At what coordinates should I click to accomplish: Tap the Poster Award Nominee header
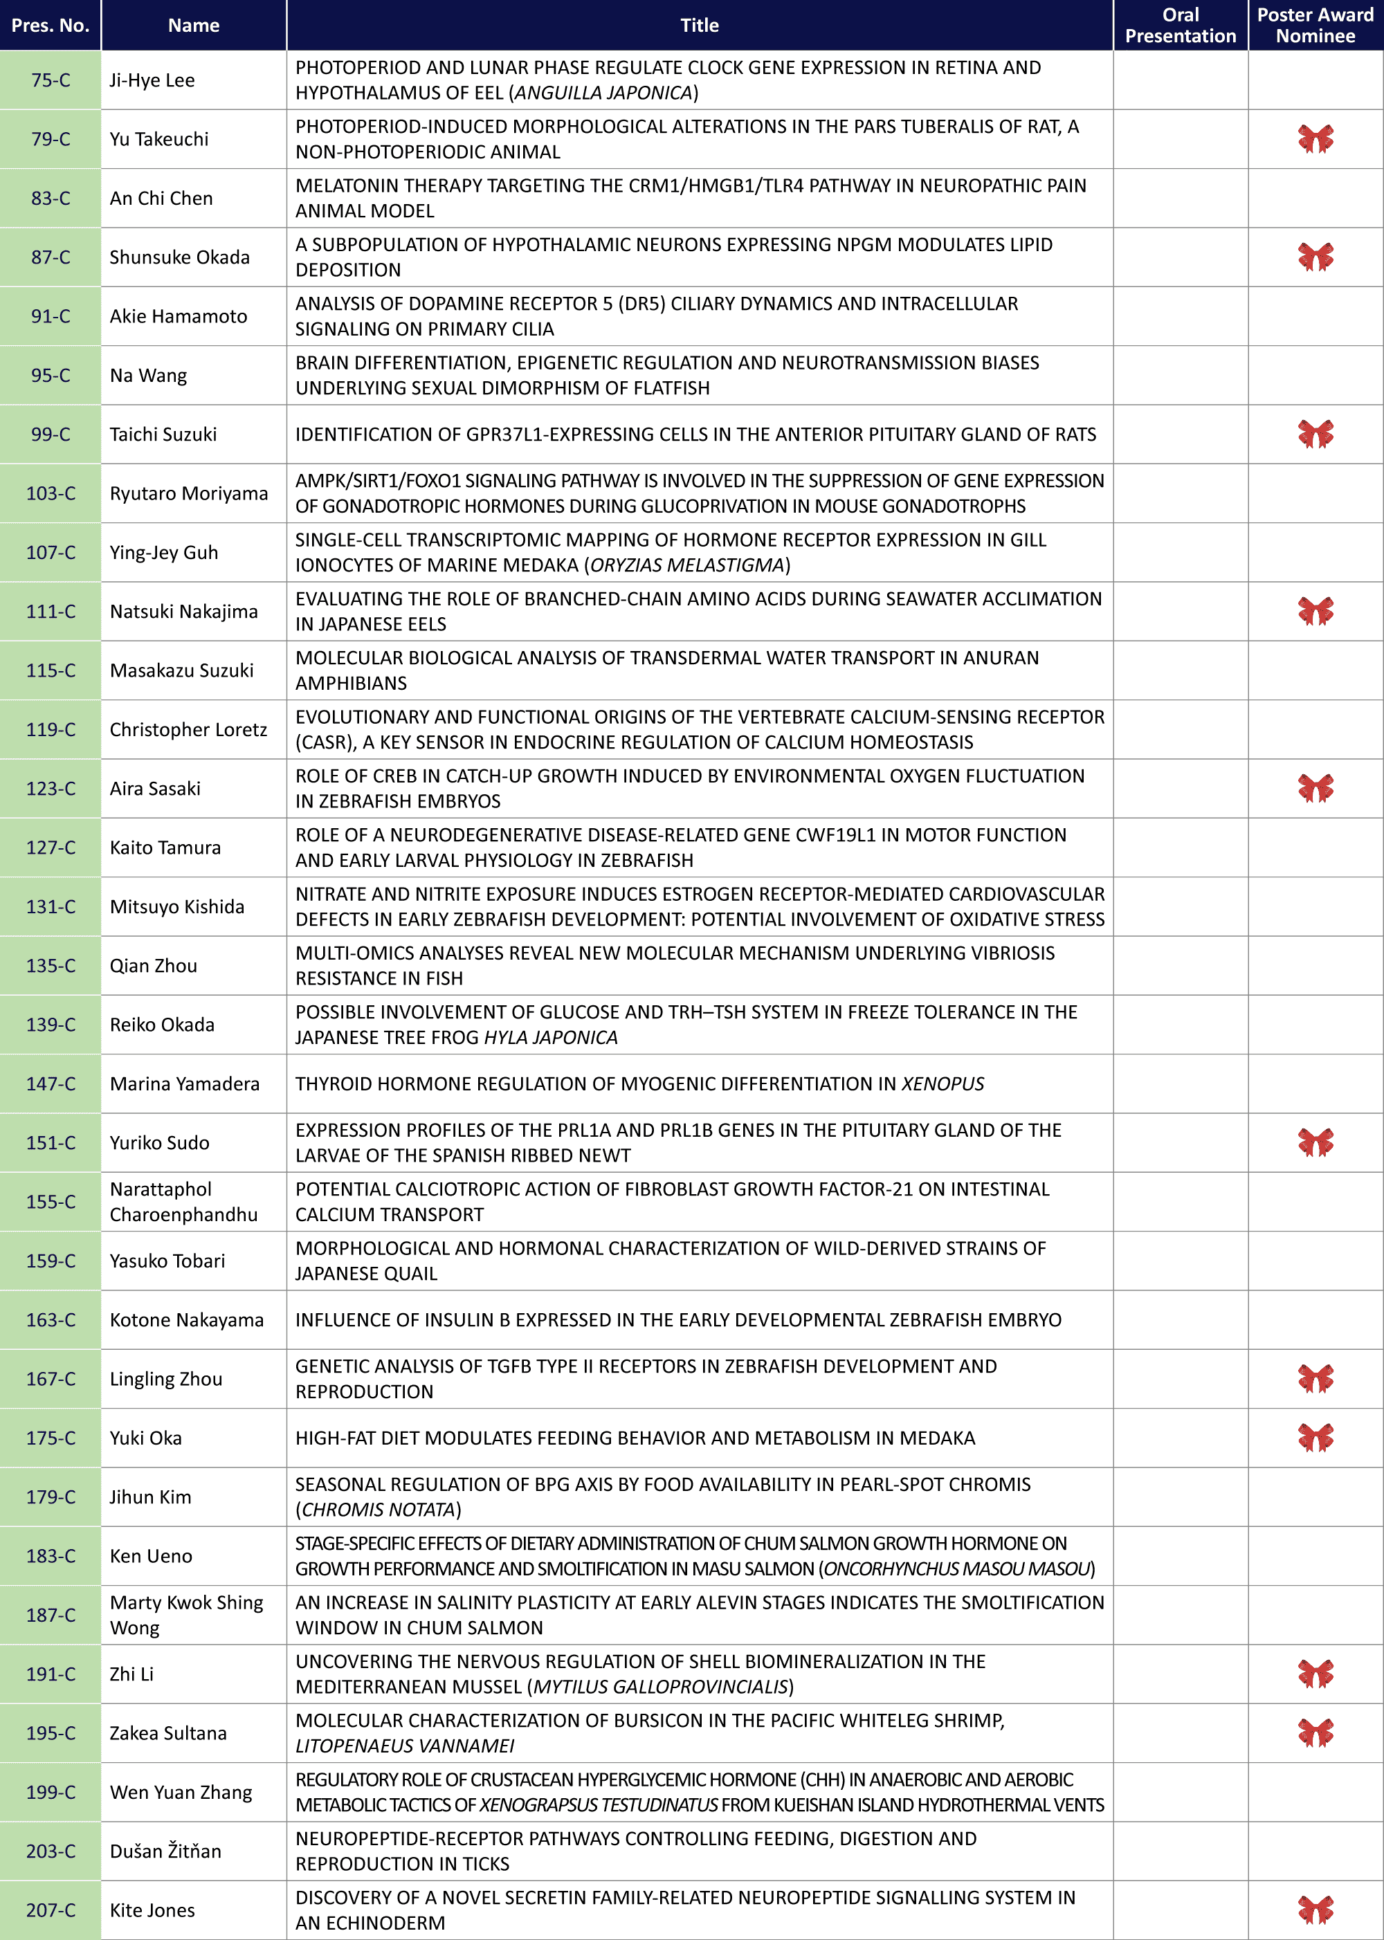click(x=1315, y=26)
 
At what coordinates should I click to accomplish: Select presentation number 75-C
click(x=51, y=80)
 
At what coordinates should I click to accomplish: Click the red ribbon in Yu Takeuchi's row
click(x=1315, y=139)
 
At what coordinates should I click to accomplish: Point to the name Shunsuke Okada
click(x=180, y=257)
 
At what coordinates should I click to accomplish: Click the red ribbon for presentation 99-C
click(x=1315, y=434)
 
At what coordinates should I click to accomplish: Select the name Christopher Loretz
click(x=188, y=730)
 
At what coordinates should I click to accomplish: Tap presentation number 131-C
click(x=51, y=906)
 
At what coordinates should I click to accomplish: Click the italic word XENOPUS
click(x=943, y=1083)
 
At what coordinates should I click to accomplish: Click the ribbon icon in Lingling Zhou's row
click(x=1315, y=1378)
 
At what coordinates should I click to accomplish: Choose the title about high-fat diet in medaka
click(x=635, y=1438)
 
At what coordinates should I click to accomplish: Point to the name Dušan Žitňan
click(x=165, y=1851)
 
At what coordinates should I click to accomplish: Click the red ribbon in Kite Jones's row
click(x=1315, y=1910)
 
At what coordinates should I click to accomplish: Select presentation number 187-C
click(x=51, y=1616)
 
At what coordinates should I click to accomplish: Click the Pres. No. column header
click(x=51, y=26)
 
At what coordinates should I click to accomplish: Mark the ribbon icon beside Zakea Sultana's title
click(x=1315, y=1733)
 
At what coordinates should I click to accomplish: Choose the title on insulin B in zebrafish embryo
click(x=678, y=1320)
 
